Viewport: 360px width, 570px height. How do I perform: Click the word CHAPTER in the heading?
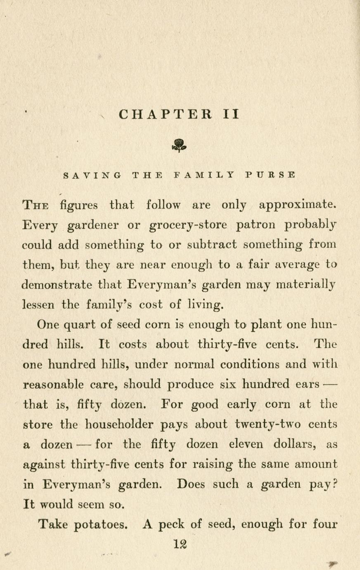[165, 114]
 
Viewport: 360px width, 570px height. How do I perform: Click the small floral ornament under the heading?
[179, 145]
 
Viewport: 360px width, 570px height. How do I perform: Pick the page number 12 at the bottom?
[180, 544]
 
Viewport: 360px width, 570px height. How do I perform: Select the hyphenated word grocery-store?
[188, 226]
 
